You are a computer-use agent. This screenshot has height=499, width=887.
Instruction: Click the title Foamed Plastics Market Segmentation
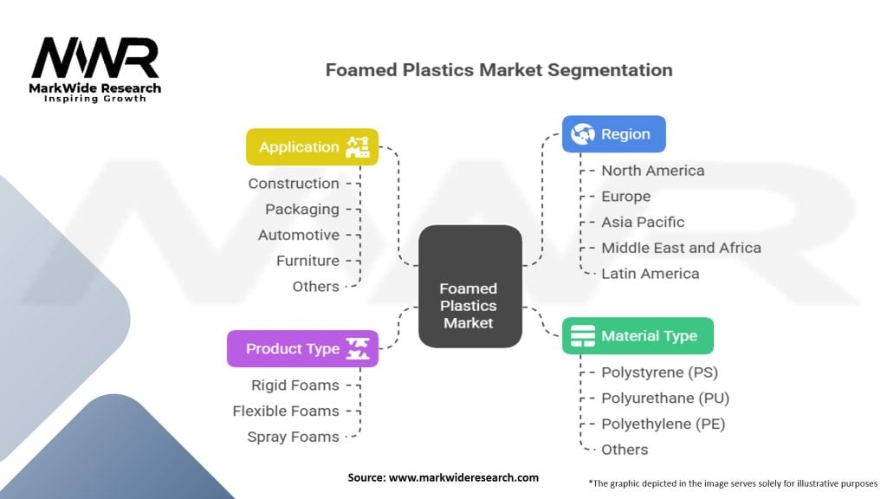[x=498, y=70]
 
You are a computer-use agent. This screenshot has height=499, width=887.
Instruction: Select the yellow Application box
[x=312, y=146]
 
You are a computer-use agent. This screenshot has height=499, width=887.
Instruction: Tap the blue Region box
[x=613, y=134]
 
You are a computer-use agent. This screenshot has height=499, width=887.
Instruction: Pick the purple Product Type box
[x=302, y=348]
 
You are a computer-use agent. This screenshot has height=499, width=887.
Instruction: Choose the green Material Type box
[x=638, y=336]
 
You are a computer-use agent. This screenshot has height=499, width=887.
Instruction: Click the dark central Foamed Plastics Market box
[x=469, y=305]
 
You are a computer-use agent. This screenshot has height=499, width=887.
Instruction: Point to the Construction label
[x=294, y=183]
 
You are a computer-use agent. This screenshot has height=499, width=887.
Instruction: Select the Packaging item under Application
[x=302, y=209]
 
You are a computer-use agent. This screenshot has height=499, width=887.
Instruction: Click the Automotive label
[x=299, y=235]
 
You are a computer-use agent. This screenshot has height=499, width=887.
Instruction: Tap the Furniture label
[x=308, y=261]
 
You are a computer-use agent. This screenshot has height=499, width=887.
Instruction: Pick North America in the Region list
[x=652, y=171]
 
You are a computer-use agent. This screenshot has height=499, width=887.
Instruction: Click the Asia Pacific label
[x=643, y=222]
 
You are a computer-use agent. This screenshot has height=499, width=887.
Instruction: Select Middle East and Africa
[x=681, y=248]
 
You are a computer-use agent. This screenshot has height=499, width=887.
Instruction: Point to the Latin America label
[x=650, y=274]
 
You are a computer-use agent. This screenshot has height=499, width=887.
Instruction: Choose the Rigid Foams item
[x=295, y=385]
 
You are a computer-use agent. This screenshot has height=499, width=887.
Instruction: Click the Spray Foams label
[x=293, y=437]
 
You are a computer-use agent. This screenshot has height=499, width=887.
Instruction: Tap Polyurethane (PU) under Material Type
[x=665, y=399]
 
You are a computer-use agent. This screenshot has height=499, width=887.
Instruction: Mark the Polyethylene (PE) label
[x=663, y=424]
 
